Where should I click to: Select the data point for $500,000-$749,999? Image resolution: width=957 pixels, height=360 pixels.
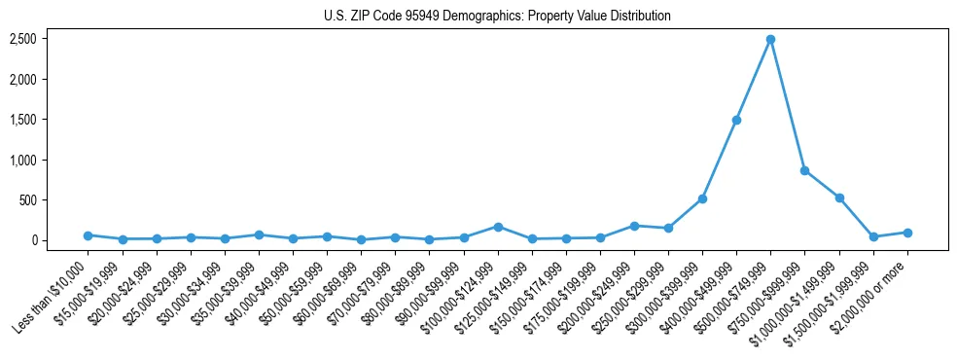click(770, 39)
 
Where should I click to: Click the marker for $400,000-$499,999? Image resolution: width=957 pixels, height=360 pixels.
click(736, 120)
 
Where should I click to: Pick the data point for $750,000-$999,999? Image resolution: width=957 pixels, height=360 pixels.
click(804, 170)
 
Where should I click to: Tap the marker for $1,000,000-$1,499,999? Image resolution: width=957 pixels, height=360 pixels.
click(839, 198)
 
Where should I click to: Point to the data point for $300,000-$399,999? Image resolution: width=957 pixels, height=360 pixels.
click(702, 198)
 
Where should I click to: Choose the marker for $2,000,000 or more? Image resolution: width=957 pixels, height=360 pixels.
click(907, 233)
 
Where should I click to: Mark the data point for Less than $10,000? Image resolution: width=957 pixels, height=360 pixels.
click(88, 235)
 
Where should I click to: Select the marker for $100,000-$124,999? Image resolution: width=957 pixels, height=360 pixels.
click(498, 227)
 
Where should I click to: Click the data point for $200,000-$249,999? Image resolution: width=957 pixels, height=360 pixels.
click(634, 226)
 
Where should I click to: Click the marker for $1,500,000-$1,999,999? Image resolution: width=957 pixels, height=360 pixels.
click(873, 236)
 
